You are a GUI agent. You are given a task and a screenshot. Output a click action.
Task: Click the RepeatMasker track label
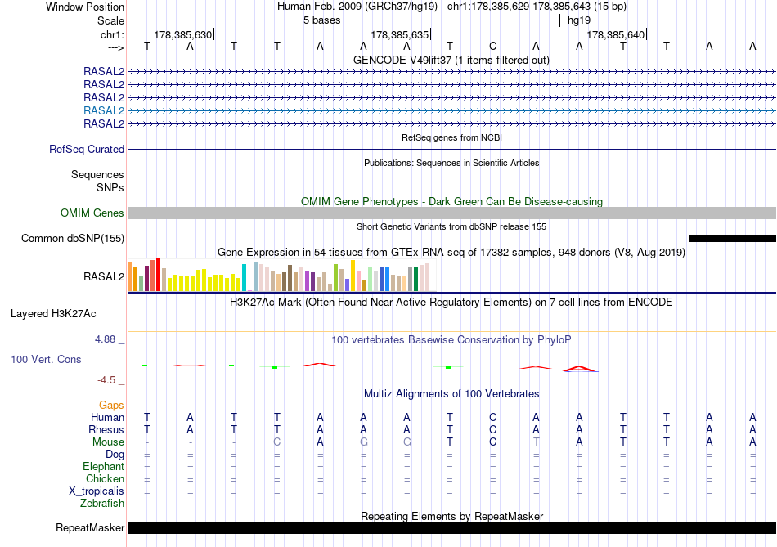tap(90, 528)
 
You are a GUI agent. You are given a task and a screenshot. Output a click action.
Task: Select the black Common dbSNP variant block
tap(732, 238)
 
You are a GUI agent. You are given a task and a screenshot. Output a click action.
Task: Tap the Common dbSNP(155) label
tap(73, 238)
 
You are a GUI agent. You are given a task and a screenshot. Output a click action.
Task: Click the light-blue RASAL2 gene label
tap(104, 110)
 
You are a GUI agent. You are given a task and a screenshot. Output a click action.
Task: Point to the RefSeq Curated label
tap(87, 150)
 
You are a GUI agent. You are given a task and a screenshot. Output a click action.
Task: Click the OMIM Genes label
tap(92, 213)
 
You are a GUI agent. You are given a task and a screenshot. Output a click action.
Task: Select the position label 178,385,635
tap(399, 35)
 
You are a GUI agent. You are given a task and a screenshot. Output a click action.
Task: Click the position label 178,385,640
tap(616, 35)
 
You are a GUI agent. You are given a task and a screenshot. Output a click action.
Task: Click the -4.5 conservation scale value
tap(111, 380)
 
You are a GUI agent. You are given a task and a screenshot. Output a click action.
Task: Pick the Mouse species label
tap(108, 442)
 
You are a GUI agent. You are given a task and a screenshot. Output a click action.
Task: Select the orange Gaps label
tap(111, 405)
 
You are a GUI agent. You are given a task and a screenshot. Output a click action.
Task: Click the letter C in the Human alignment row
tap(492, 417)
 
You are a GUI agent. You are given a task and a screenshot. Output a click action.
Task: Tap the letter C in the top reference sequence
tap(492, 46)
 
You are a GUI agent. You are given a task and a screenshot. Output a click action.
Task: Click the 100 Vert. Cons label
tap(46, 360)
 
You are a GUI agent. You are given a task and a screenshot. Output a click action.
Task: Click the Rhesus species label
tap(107, 430)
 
